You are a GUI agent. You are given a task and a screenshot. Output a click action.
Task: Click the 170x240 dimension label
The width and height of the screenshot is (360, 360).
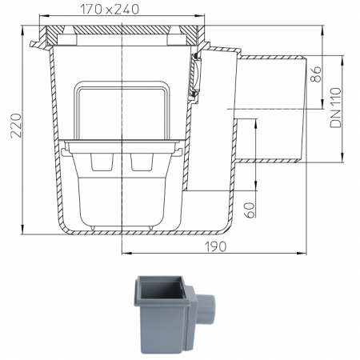click(110, 10)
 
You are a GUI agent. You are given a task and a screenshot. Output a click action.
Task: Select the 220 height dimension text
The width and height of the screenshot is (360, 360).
click(16, 126)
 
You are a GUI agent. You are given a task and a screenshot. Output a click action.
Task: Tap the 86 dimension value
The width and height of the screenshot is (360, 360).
click(316, 74)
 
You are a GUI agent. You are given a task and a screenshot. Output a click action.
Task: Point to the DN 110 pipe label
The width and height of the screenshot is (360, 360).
click(335, 108)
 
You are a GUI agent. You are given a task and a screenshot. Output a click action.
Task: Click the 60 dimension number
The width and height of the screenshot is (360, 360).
click(250, 210)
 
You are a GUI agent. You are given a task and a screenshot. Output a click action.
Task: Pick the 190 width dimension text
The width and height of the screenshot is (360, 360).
click(215, 246)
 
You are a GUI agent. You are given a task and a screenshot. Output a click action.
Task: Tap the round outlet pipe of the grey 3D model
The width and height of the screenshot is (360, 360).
click(206, 308)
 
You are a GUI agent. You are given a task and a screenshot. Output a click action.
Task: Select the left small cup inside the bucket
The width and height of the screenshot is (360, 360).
click(102, 162)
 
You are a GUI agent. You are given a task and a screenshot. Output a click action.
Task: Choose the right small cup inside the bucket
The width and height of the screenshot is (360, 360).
click(142, 162)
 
